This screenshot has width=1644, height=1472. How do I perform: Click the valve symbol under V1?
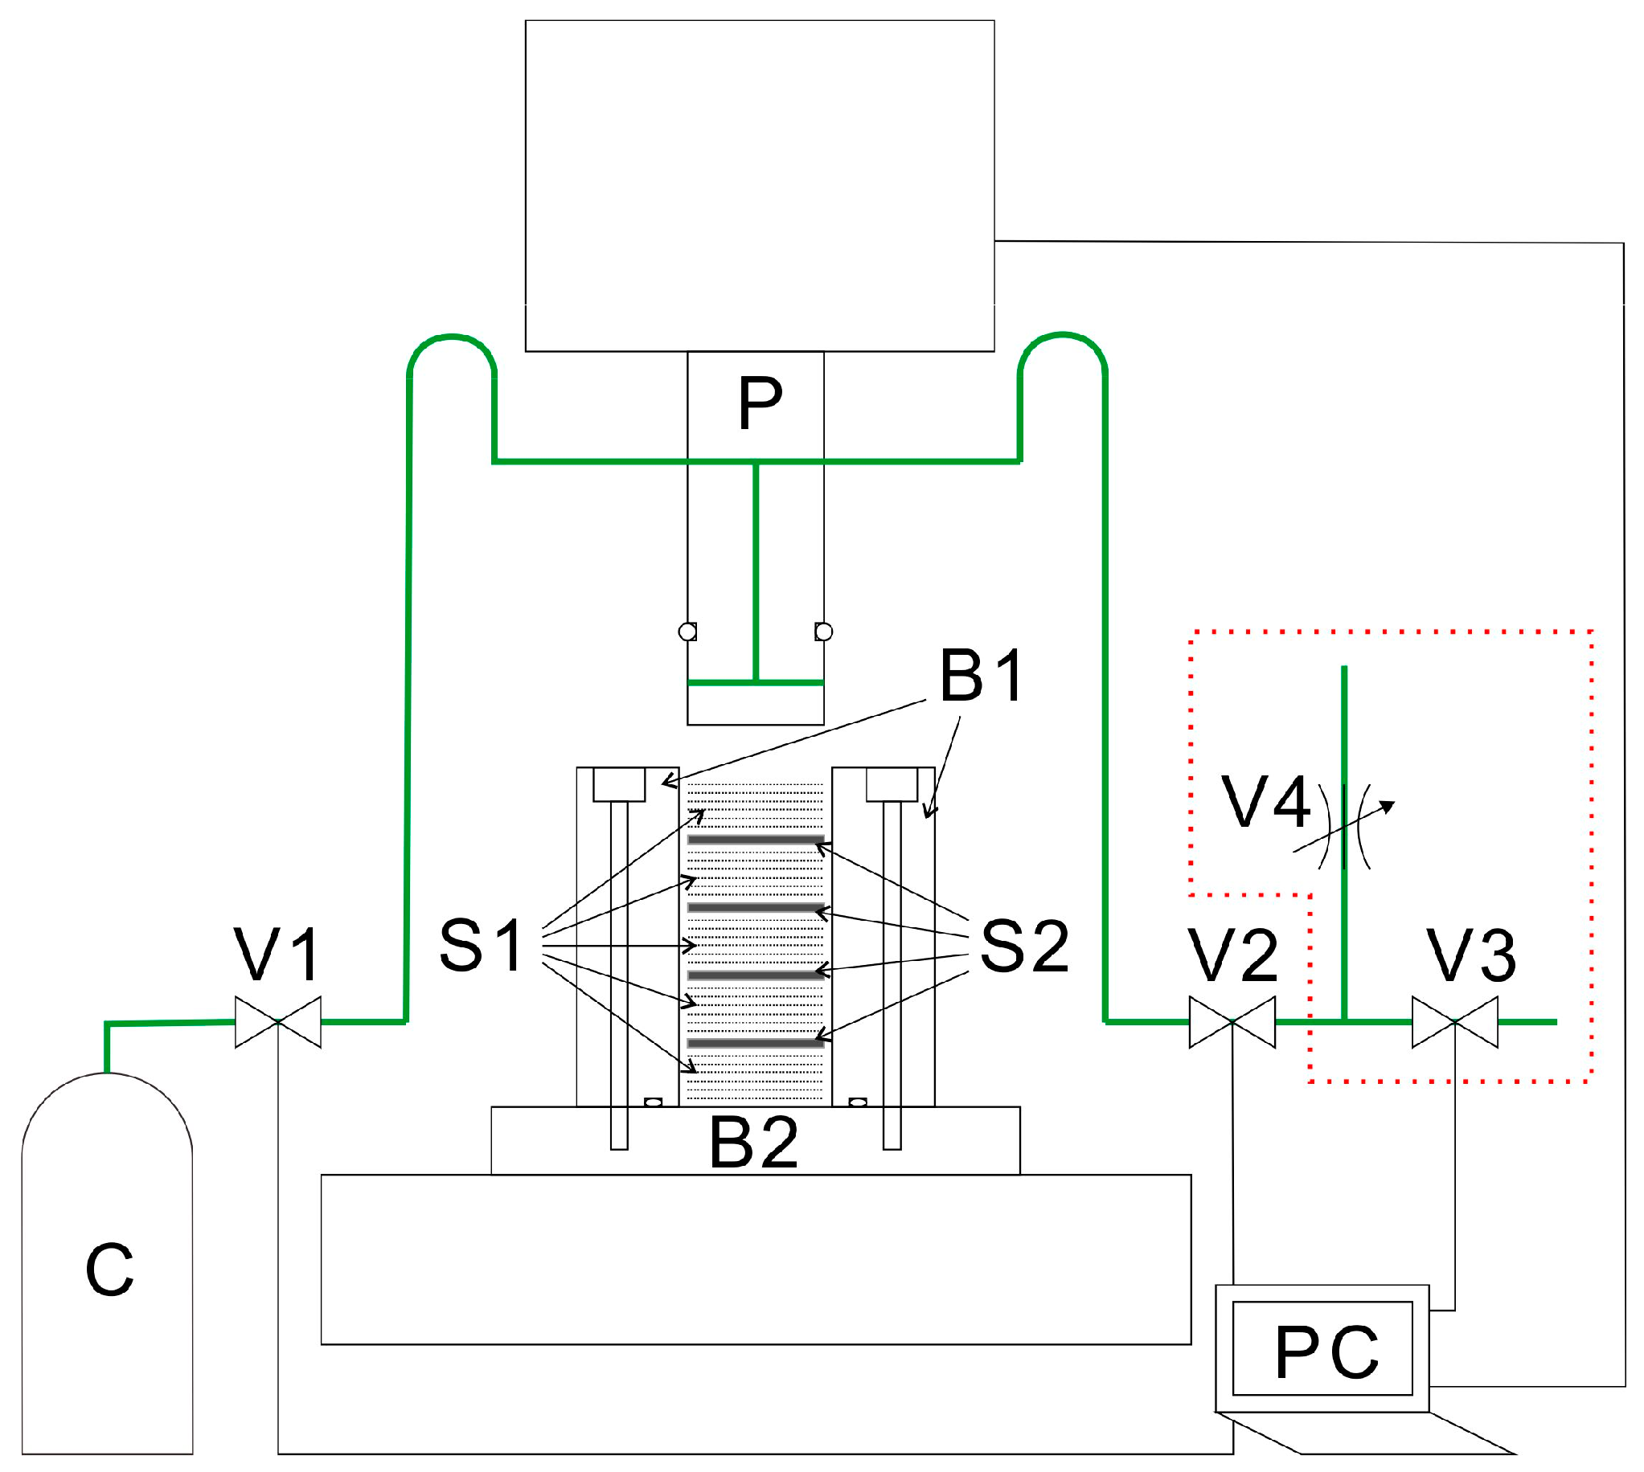click(x=277, y=1021)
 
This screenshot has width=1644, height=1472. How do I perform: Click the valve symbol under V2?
click(x=1232, y=1021)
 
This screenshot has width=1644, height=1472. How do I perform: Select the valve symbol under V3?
click(x=1453, y=1021)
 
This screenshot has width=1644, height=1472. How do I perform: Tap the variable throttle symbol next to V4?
click(x=1344, y=827)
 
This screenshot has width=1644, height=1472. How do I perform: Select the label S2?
click(x=1023, y=947)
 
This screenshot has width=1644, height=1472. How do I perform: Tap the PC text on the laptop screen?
click(x=1326, y=1352)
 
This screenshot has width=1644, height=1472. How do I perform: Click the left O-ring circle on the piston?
click(x=687, y=631)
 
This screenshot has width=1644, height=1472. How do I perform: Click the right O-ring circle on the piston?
click(x=824, y=631)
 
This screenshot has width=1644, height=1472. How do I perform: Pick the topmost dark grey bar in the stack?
click(x=755, y=840)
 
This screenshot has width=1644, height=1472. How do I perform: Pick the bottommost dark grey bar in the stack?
click(x=755, y=1044)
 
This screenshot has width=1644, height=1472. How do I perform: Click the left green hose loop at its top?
click(x=452, y=336)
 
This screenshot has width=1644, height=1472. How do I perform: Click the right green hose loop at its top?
click(x=1062, y=335)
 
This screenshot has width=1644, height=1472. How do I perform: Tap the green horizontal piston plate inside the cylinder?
click(x=755, y=683)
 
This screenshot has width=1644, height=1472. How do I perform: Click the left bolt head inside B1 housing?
click(x=619, y=783)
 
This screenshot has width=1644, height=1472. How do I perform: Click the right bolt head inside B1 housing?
click(x=892, y=783)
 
